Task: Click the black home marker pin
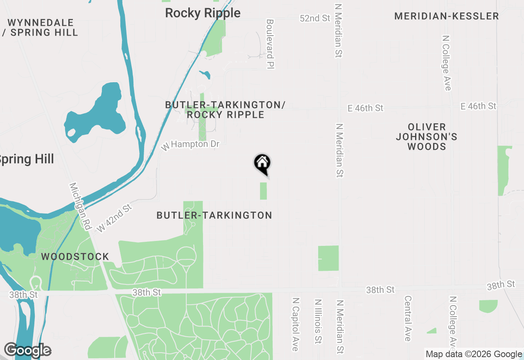(x=262, y=164)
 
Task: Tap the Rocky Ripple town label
(x=203, y=13)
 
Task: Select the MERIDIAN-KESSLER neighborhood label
(x=447, y=16)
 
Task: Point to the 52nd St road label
(x=315, y=18)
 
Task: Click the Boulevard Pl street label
(x=269, y=44)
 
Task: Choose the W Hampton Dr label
(x=190, y=145)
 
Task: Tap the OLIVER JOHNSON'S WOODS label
(x=427, y=137)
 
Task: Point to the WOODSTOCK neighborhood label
(x=75, y=257)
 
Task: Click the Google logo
(x=27, y=351)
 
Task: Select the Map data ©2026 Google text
(x=474, y=354)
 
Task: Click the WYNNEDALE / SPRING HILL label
(x=40, y=27)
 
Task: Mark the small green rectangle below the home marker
(x=263, y=191)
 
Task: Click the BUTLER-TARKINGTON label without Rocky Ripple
(x=214, y=215)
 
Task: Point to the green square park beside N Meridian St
(x=328, y=258)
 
